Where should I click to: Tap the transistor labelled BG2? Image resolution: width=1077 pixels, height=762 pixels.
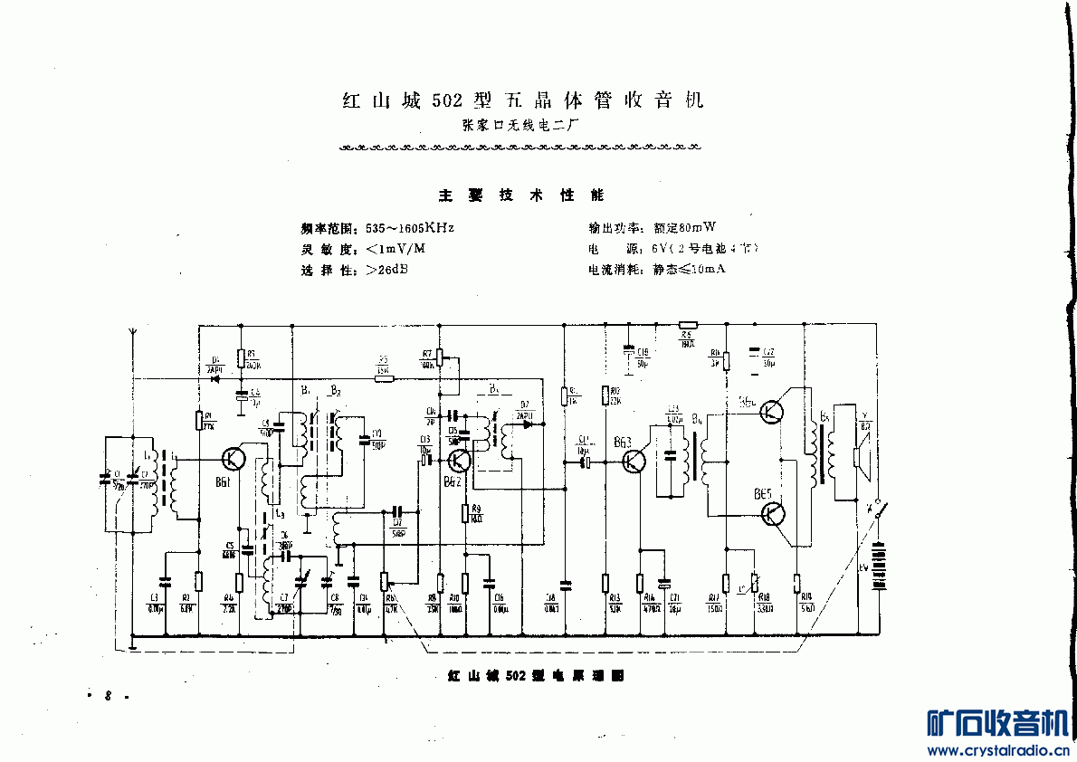click(459, 461)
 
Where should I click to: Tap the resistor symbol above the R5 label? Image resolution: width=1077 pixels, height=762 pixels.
click(688, 324)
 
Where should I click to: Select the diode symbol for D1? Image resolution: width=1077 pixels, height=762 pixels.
click(215, 377)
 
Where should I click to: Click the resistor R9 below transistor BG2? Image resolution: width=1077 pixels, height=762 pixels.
click(465, 513)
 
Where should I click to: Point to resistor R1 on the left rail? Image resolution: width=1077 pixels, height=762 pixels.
click(198, 420)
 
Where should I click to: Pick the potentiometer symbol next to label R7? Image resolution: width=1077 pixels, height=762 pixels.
click(441, 357)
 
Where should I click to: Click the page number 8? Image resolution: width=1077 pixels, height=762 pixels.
click(108, 696)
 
